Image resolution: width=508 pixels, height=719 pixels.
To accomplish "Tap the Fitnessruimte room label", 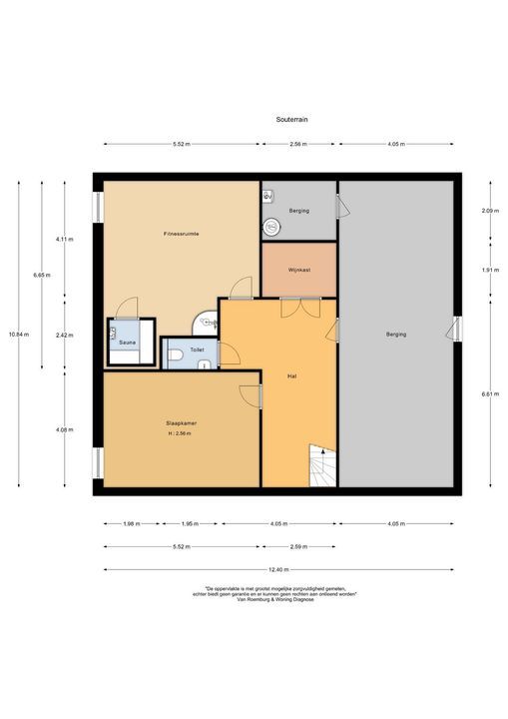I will click(x=182, y=234).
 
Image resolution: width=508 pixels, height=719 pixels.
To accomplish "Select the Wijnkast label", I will click(x=298, y=270).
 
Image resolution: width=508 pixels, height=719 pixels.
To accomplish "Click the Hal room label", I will click(x=291, y=376).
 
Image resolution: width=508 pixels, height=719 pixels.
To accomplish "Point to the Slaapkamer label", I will click(x=181, y=423).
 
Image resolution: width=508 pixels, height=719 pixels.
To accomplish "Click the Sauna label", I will click(x=128, y=343).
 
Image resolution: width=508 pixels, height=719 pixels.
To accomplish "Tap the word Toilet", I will click(x=197, y=352).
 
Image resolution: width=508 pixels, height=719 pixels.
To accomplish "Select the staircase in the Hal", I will click(x=322, y=467).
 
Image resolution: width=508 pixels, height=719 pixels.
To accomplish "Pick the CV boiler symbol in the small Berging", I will click(x=267, y=197).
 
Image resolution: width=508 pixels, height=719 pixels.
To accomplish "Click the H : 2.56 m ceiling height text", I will click(x=181, y=434).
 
